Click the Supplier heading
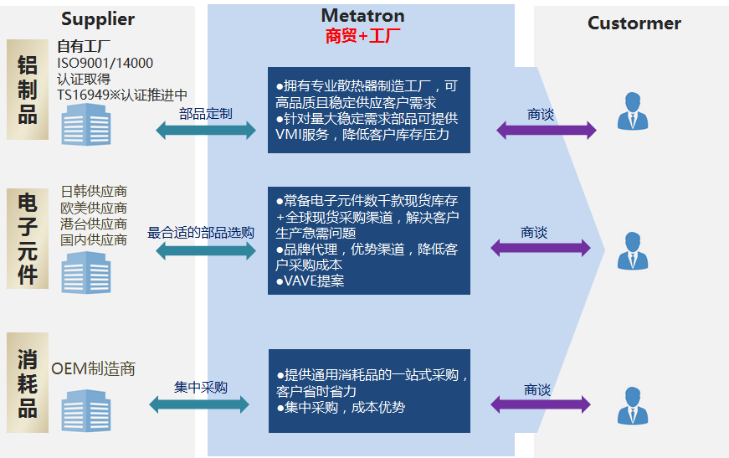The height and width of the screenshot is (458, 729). click(98, 19)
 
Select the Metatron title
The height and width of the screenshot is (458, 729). click(362, 16)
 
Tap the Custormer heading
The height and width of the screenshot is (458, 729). click(634, 23)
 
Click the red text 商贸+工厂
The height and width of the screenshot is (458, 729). click(362, 36)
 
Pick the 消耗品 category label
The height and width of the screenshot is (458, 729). click(28, 383)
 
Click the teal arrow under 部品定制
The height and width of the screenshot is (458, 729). click(206, 131)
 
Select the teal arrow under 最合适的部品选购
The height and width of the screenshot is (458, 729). click(206, 250)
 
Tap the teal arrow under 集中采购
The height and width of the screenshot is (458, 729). click(199, 405)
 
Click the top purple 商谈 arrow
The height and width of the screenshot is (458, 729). click(546, 131)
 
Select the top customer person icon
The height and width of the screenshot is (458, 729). click(633, 111)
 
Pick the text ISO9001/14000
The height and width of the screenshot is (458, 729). click(105, 63)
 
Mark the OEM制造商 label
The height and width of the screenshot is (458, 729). click(93, 368)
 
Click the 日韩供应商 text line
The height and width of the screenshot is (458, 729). click(94, 193)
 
